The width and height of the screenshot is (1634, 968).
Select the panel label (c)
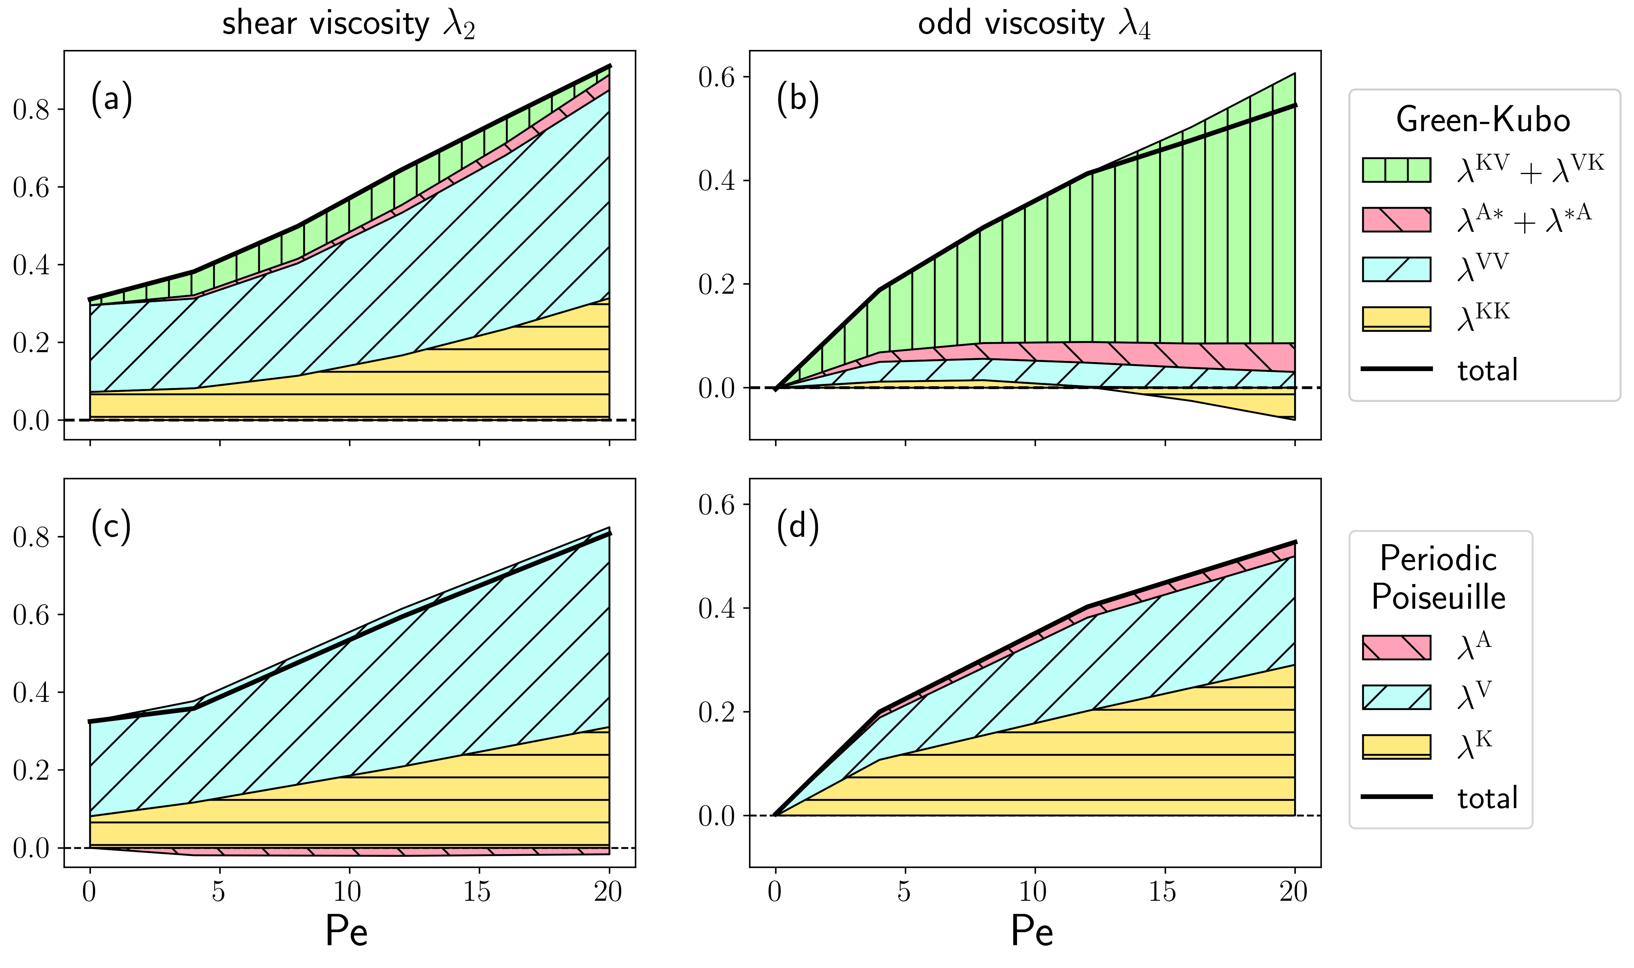tap(111, 526)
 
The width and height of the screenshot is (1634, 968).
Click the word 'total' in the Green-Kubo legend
tap(1488, 370)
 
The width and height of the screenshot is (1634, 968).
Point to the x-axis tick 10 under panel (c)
tap(348, 891)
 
